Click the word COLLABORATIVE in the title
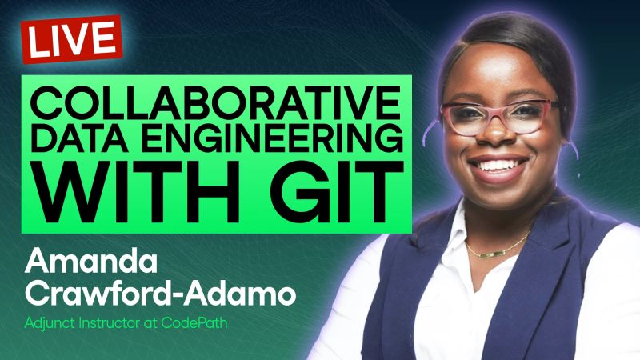pyautogui.click(x=213, y=105)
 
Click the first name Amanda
pyautogui.click(x=83, y=261)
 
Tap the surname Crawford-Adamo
pyautogui.click(x=160, y=293)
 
